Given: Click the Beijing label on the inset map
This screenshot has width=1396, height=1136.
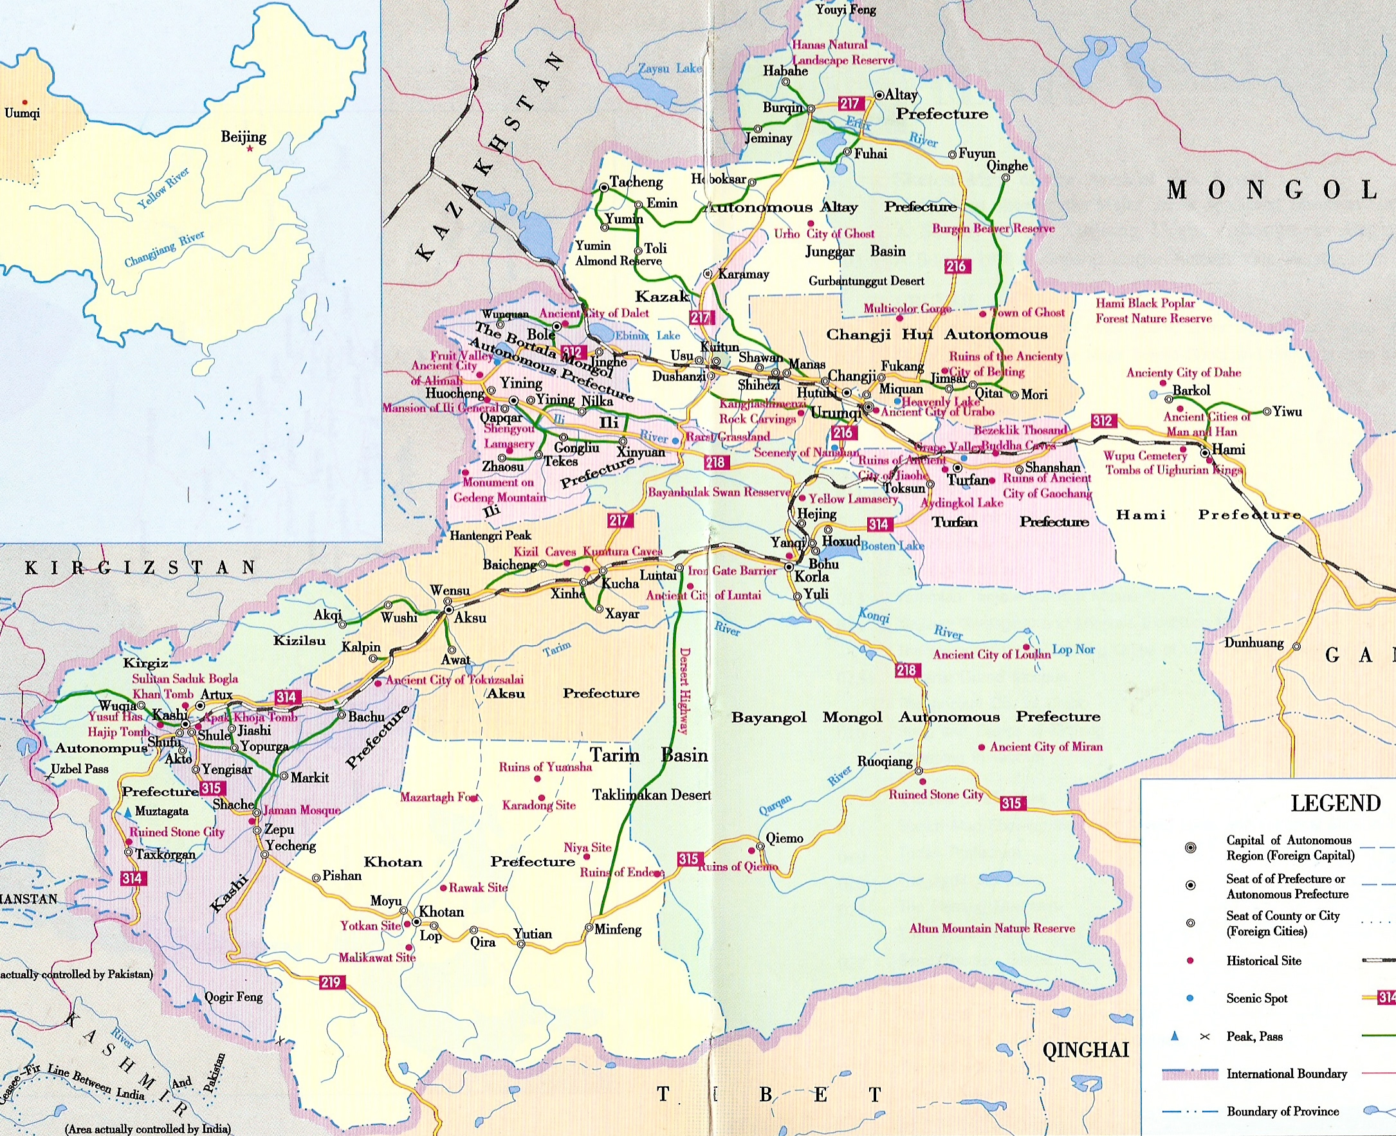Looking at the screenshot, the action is click(x=243, y=137).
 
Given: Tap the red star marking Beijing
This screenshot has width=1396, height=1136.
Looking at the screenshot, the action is click(x=250, y=149).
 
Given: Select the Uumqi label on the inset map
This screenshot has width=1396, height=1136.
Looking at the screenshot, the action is click(x=23, y=113).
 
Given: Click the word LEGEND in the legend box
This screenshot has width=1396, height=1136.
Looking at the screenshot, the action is click(x=1335, y=803).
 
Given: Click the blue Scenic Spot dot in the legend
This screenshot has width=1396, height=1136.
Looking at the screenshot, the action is click(x=1190, y=998).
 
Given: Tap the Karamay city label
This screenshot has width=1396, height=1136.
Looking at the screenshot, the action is click(x=744, y=274).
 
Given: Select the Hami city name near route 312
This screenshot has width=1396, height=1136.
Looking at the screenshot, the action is click(x=1229, y=450).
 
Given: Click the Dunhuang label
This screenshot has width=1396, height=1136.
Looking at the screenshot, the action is click(x=1254, y=643).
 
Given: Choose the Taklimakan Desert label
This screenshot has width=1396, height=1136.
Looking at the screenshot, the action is click(x=651, y=795).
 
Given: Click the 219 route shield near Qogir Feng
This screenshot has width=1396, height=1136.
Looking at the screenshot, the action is click(x=331, y=982).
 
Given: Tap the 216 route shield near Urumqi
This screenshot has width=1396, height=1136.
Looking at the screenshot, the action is click(x=843, y=432).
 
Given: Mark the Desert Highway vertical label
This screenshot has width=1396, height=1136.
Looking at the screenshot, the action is click(x=684, y=690).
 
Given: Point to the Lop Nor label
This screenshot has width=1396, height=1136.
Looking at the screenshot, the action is click(x=1073, y=650).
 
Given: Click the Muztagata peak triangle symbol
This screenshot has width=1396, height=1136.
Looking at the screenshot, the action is click(x=127, y=812).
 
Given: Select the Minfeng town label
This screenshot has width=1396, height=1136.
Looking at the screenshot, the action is click(x=617, y=930).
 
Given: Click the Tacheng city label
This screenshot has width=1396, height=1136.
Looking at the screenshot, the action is click(x=636, y=182).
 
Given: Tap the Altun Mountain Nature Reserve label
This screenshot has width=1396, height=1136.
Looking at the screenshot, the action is click(x=991, y=928).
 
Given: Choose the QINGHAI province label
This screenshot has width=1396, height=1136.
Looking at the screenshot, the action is click(x=1085, y=1050).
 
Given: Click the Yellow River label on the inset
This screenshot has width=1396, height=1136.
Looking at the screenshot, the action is click(x=163, y=188).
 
